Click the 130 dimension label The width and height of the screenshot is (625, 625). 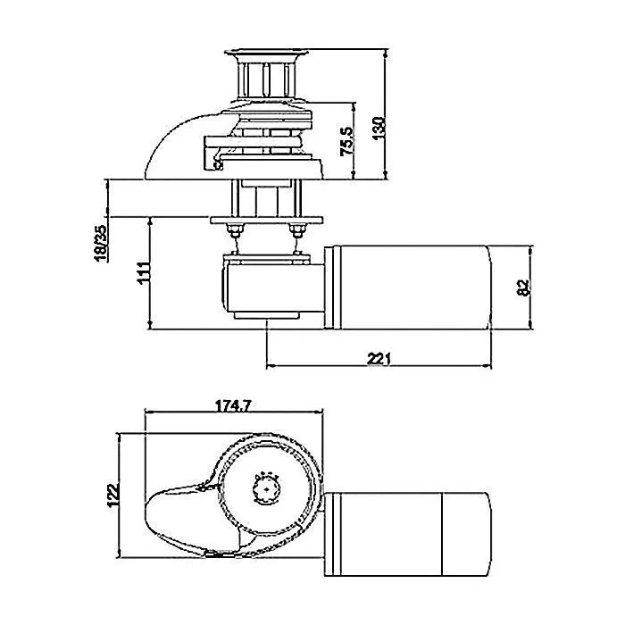[379, 128]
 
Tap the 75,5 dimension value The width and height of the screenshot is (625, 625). [347, 141]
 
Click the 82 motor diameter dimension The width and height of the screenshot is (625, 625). [523, 287]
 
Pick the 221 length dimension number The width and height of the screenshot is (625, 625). [379, 358]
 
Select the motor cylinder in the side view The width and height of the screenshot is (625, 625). [411, 287]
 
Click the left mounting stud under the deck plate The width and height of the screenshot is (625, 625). [236, 232]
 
